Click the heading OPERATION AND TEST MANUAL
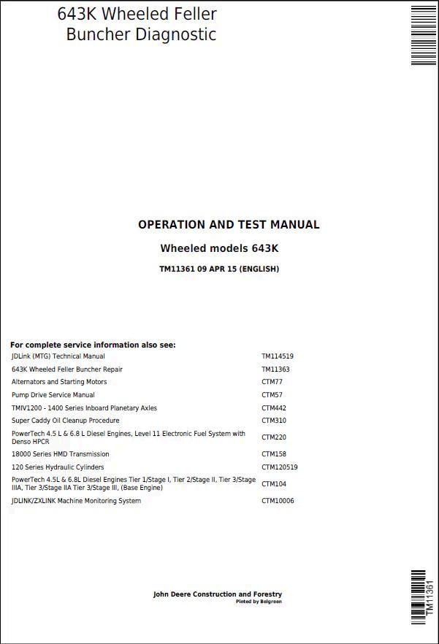(x=229, y=225)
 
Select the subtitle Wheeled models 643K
(x=219, y=248)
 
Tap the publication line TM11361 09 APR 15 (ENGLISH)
(x=219, y=269)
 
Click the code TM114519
(x=278, y=356)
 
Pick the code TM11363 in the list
(x=275, y=369)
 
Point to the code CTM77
(x=272, y=382)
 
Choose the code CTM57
(x=272, y=395)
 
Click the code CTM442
(x=274, y=408)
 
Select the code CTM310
(x=274, y=421)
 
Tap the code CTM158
(x=274, y=454)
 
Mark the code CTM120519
(x=280, y=467)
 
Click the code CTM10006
(x=278, y=501)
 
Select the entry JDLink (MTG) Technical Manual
(x=58, y=356)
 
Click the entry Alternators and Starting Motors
(x=59, y=382)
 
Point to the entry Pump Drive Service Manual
(x=53, y=395)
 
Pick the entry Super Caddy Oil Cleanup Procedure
(x=66, y=421)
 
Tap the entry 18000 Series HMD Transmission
(x=61, y=454)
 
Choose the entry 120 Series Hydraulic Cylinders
(x=58, y=467)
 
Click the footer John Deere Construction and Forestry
(x=217, y=594)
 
